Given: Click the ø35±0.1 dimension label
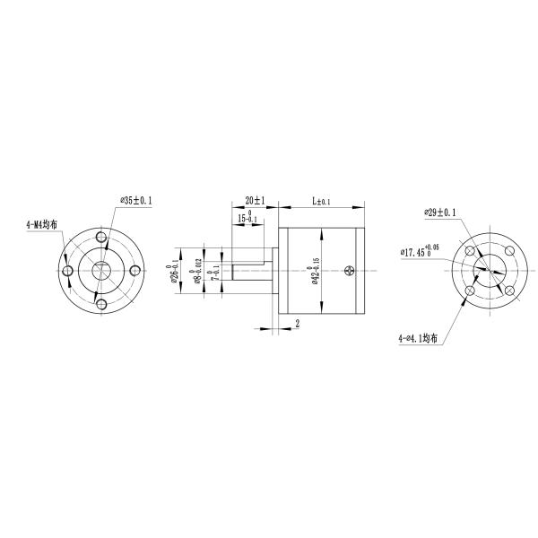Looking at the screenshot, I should click(136, 202).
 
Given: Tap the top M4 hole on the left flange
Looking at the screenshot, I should click(100, 237).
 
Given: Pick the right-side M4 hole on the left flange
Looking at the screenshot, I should click(134, 271).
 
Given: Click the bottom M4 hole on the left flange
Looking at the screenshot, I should click(100, 305).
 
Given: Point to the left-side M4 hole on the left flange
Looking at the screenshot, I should click(67, 271).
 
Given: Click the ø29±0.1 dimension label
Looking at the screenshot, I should click(440, 213).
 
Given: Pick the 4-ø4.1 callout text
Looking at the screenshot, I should click(419, 339).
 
